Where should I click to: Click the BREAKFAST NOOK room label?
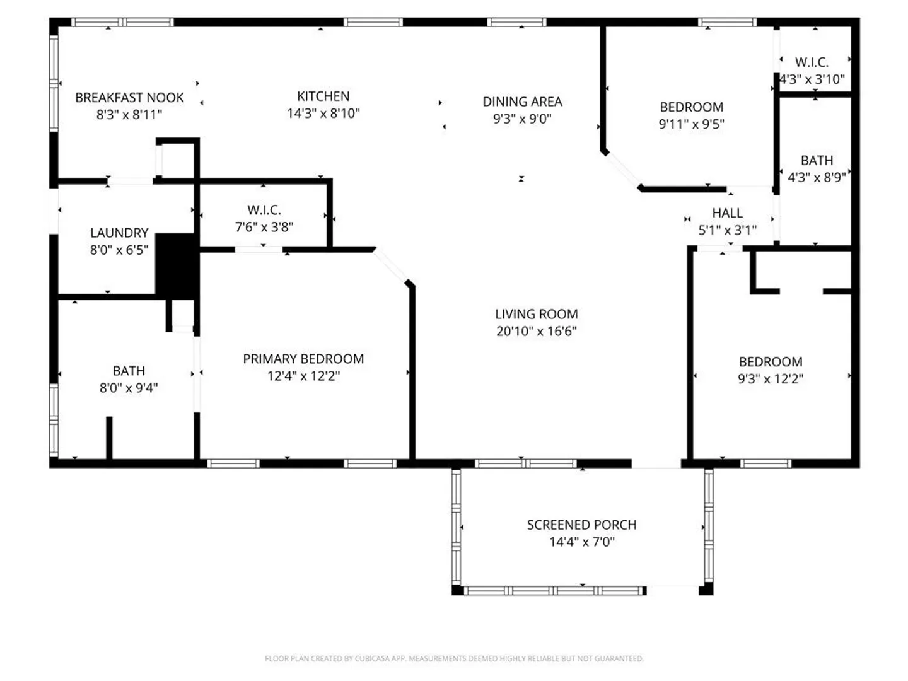pyautogui.click(x=129, y=98)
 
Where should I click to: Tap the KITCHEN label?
pyautogui.click(x=323, y=96)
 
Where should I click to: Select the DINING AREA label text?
pyautogui.click(x=522, y=102)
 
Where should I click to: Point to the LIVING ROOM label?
pyautogui.click(x=537, y=314)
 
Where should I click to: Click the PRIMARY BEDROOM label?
pyautogui.click(x=303, y=359)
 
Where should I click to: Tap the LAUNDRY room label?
pyautogui.click(x=119, y=233)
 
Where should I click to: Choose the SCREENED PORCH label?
pyautogui.click(x=581, y=525)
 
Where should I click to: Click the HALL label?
pyautogui.click(x=727, y=213)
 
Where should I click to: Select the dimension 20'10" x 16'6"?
pyautogui.click(x=537, y=331)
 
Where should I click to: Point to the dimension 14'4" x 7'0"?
pyautogui.click(x=581, y=542)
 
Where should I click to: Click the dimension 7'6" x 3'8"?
pyautogui.click(x=264, y=227)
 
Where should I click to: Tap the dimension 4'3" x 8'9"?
pyautogui.click(x=817, y=178)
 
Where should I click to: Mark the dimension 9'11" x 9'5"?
pyautogui.click(x=691, y=124)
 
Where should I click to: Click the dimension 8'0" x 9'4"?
pyautogui.click(x=129, y=388)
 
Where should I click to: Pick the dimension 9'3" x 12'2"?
pyautogui.click(x=771, y=379)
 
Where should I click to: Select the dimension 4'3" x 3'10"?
pyautogui.click(x=812, y=79)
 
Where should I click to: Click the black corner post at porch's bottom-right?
pyautogui.click(x=706, y=589)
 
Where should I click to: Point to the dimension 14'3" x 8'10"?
pyautogui.click(x=323, y=113)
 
